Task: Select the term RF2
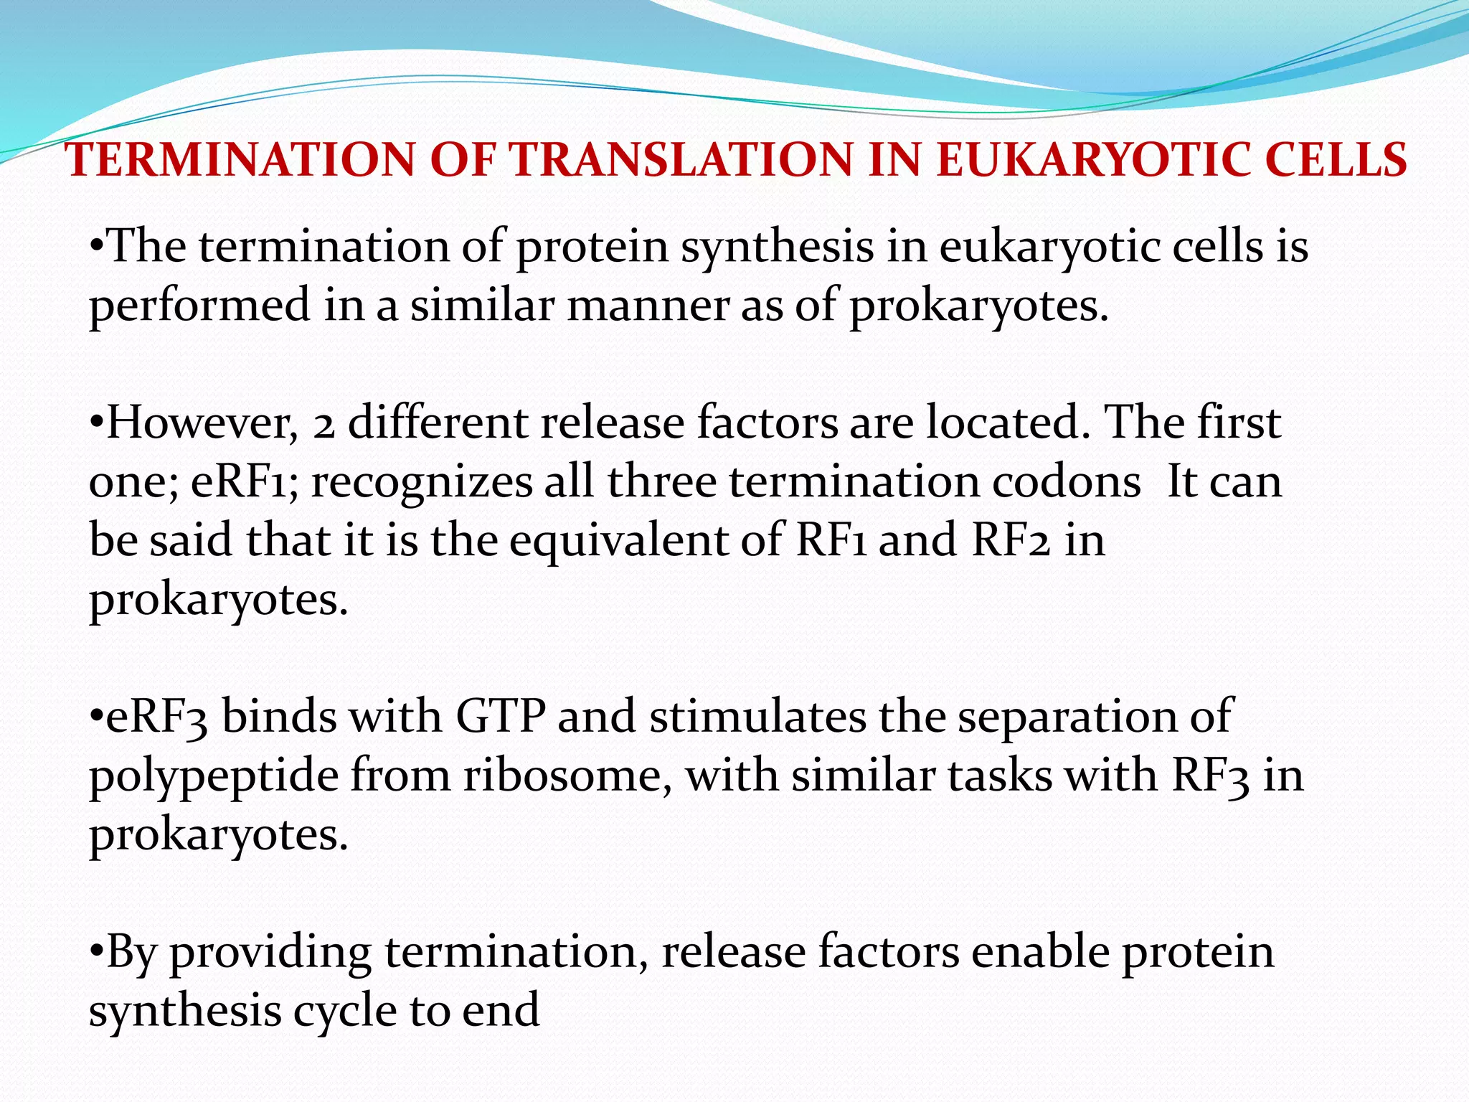pos(1011,540)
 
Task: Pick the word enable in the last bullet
pos(1040,952)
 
